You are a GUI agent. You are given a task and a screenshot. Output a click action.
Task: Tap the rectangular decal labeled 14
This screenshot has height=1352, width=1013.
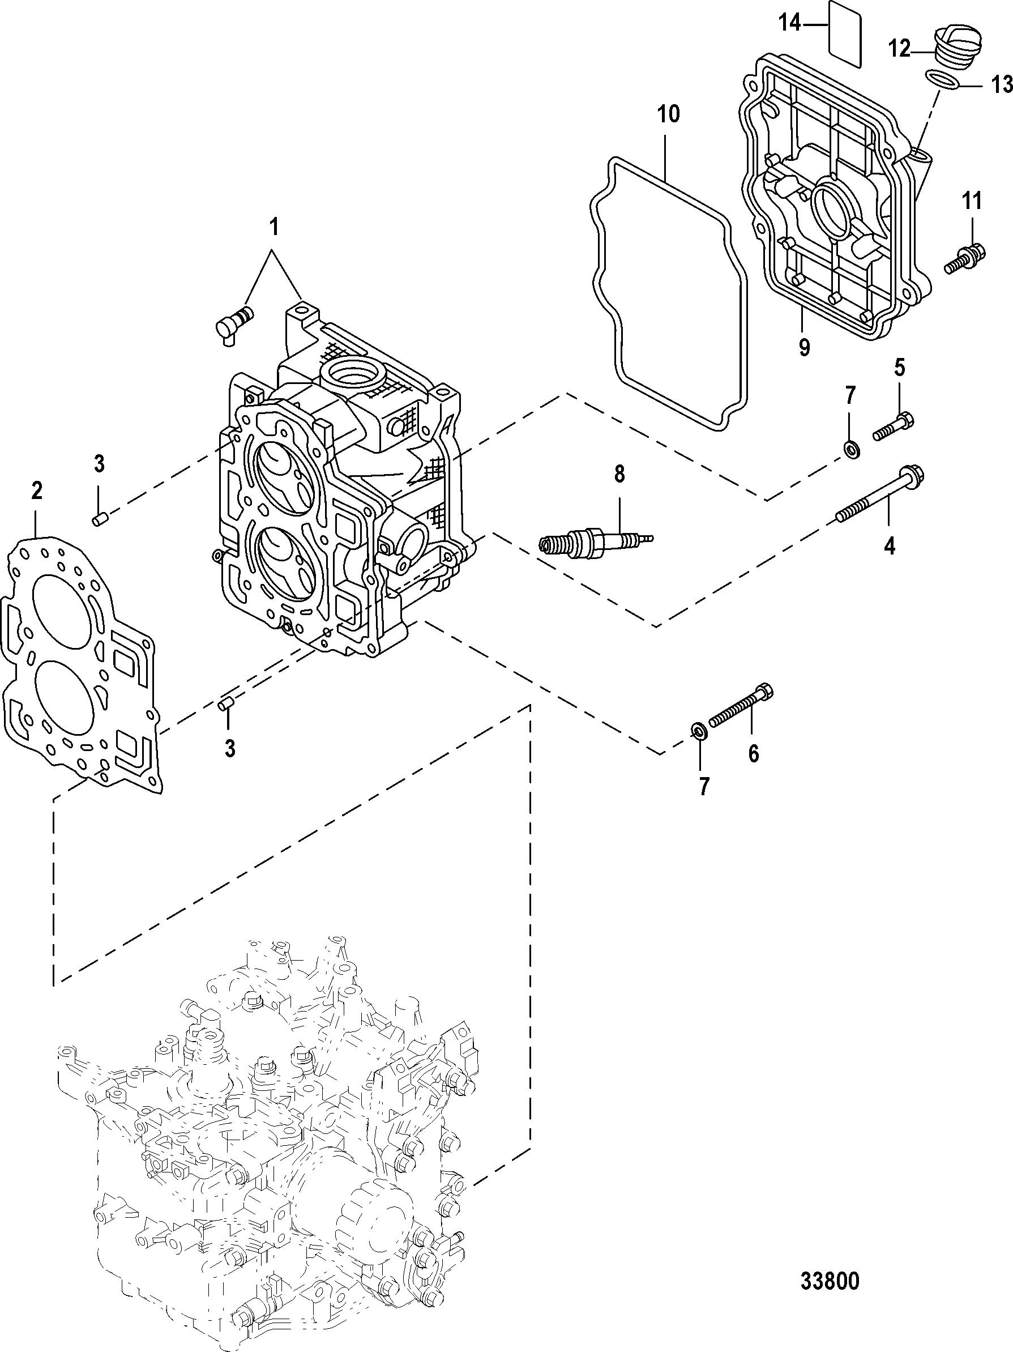pos(844,33)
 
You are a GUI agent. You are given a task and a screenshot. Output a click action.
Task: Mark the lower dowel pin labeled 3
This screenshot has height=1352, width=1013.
pos(226,703)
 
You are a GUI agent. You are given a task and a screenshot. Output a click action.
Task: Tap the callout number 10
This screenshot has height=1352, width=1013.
pos(669,114)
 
